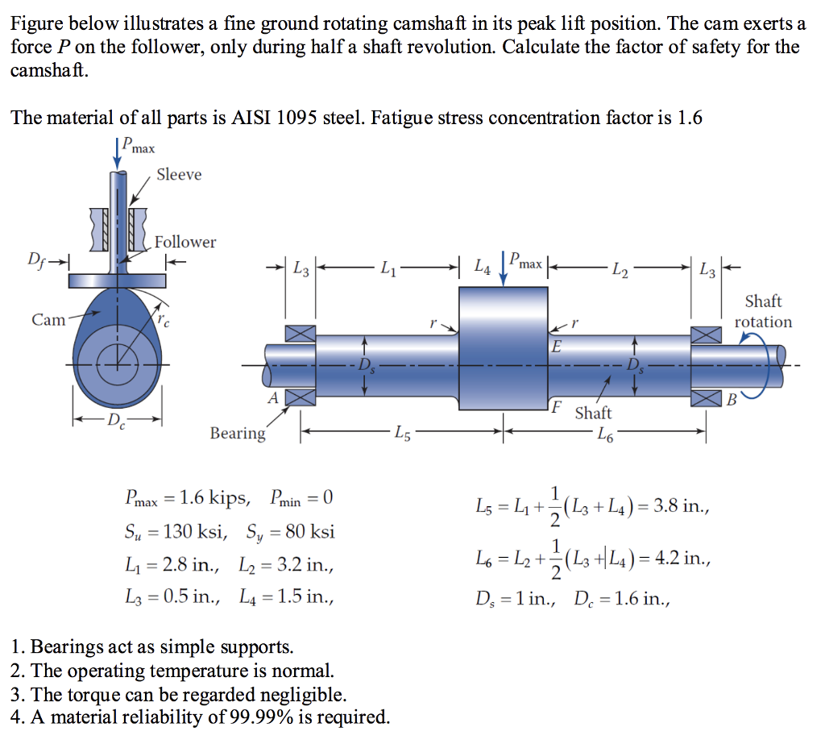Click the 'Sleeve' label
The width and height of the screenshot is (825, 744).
click(179, 175)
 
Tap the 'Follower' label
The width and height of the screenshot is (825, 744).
click(185, 242)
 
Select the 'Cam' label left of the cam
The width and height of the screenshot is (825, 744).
click(48, 320)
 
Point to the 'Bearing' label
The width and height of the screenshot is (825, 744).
click(237, 434)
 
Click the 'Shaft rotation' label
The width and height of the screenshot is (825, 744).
click(763, 311)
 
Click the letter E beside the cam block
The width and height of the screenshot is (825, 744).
click(556, 347)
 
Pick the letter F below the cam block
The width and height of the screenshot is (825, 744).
click(556, 405)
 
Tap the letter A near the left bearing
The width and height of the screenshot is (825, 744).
click(272, 397)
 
